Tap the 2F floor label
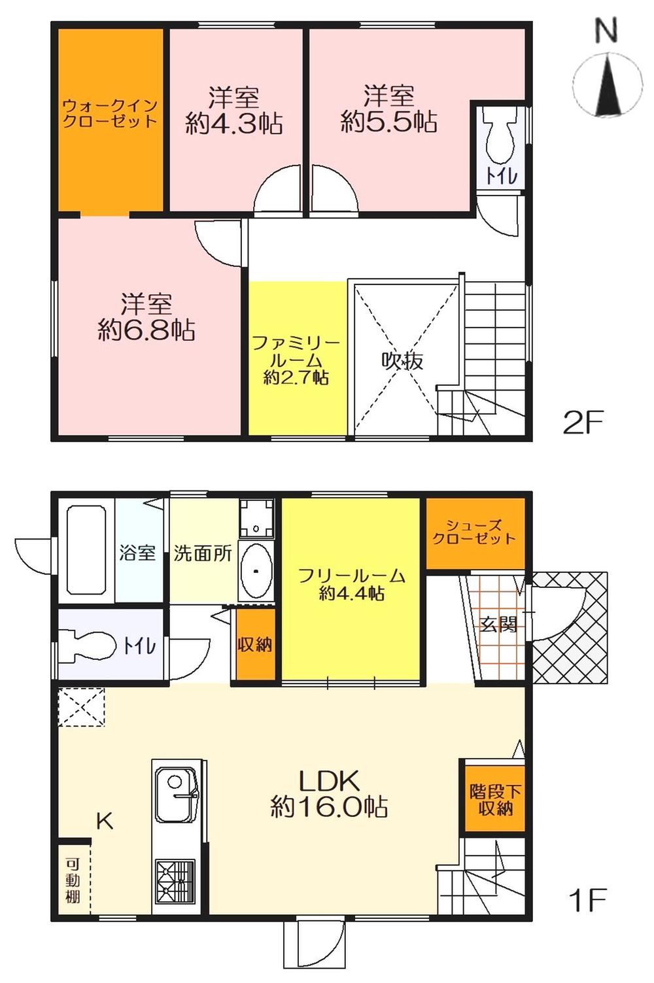tap(583, 422)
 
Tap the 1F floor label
tap(586, 900)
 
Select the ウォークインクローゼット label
tap(110, 112)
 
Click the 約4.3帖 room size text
tap(233, 124)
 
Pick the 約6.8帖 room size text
tap(146, 330)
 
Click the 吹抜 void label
tap(402, 362)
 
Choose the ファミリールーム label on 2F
tap(296, 351)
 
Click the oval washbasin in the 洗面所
tap(256, 570)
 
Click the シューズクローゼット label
tap(473, 532)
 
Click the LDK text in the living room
tap(329, 781)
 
